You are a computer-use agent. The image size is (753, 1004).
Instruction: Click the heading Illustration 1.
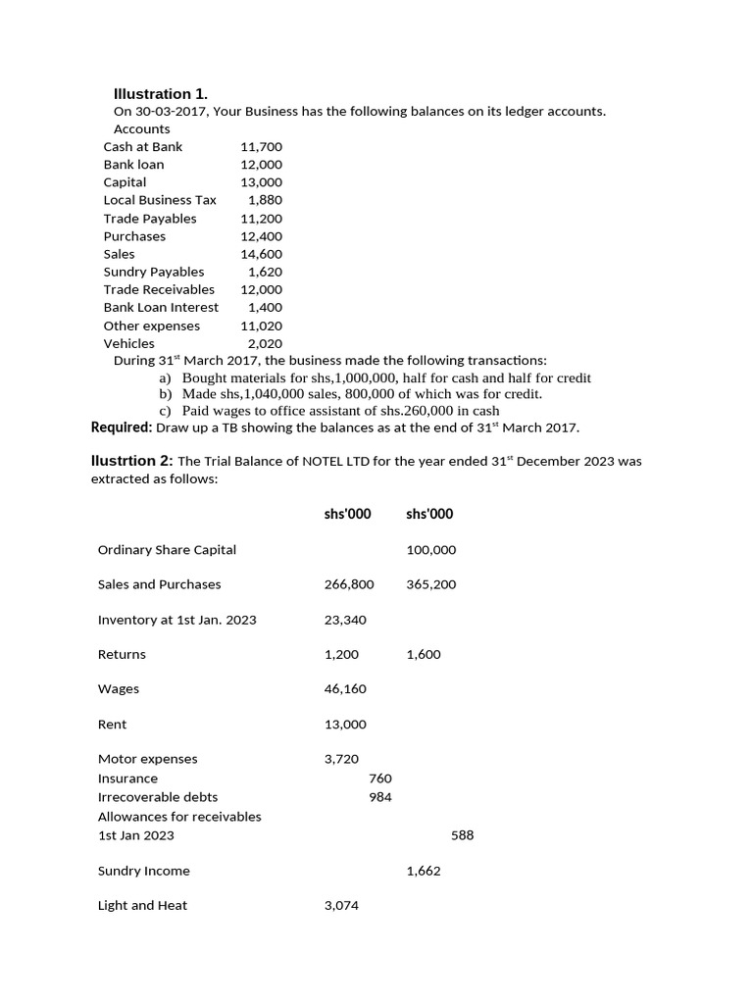(x=161, y=94)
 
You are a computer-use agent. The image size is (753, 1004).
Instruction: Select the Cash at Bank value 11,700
(x=261, y=147)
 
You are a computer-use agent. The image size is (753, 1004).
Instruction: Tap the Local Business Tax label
(x=160, y=200)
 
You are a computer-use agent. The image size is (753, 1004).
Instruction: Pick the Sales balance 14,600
(x=261, y=254)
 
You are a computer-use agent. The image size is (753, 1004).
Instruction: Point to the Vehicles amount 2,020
(x=265, y=343)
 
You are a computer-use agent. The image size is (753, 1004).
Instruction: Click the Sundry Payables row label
(x=154, y=272)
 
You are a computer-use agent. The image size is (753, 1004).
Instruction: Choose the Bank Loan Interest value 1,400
(x=265, y=308)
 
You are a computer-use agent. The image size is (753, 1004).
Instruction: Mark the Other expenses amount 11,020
(x=261, y=326)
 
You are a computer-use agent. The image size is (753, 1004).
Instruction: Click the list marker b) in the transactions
(x=165, y=394)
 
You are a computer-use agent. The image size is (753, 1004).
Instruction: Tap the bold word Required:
(x=122, y=427)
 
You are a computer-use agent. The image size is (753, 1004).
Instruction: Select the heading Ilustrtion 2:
(x=131, y=461)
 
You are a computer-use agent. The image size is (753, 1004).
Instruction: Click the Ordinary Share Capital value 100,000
(x=430, y=550)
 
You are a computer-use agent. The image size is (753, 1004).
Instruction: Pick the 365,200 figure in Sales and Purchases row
(x=430, y=584)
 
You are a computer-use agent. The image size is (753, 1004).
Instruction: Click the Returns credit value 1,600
(x=424, y=654)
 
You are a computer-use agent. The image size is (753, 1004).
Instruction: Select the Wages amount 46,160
(x=345, y=689)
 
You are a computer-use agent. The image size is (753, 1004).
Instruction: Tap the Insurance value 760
(x=380, y=778)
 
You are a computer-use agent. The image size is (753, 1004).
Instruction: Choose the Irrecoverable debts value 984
(x=380, y=797)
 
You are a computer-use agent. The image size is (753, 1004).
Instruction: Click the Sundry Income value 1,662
(x=424, y=871)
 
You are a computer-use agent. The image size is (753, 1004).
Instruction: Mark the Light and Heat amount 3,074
(x=341, y=906)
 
